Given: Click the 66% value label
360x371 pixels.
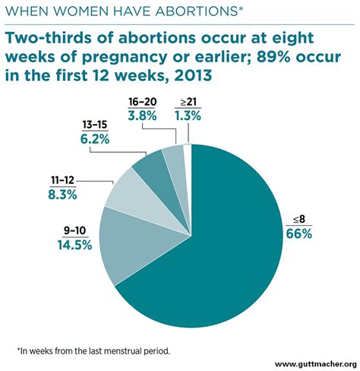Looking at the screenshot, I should [298, 234].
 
